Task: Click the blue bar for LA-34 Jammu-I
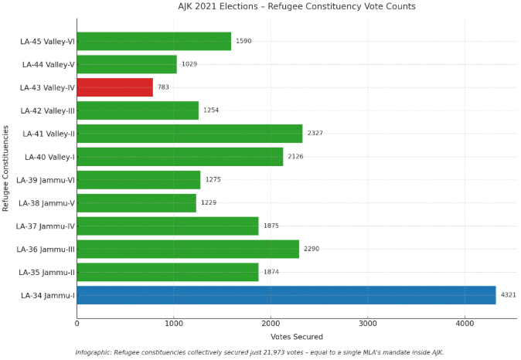[x=286, y=295]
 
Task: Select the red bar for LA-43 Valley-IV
[x=114, y=87]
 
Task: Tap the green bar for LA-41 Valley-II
[x=189, y=134]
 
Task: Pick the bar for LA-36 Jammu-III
[x=188, y=249]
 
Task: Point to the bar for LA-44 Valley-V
[x=127, y=64]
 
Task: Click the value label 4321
[x=508, y=295]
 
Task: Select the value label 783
[x=163, y=87]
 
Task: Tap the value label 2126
[x=295, y=157]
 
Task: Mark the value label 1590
[x=243, y=41]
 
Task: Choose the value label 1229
[x=209, y=203]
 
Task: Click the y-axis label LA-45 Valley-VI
[x=47, y=41]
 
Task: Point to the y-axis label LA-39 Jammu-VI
[x=46, y=180]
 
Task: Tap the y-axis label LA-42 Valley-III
[x=47, y=110]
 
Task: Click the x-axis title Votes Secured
[x=297, y=337]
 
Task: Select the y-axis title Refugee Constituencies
[x=6, y=168]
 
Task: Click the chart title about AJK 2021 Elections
[x=297, y=7]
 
